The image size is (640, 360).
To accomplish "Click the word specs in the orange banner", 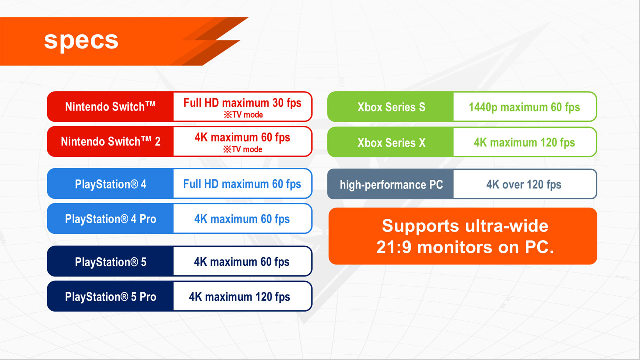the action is [81, 41].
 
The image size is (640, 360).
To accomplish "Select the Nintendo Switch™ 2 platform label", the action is [111, 141].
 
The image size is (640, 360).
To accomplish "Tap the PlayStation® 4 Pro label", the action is [111, 219].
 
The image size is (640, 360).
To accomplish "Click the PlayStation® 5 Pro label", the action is [111, 297].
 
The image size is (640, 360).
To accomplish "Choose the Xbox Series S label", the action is [391, 107].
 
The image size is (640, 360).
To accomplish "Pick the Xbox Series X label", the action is [391, 143].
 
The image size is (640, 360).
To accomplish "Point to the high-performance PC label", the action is [391, 185].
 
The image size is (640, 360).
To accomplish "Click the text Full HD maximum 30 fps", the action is [242, 103].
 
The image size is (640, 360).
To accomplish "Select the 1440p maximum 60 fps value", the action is [524, 107].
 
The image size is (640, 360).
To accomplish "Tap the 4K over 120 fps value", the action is [524, 185].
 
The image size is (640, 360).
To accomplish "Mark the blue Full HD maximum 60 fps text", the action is [242, 184].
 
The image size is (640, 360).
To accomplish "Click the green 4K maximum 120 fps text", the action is [524, 142].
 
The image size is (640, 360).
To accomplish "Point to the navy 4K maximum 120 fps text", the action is [239, 297].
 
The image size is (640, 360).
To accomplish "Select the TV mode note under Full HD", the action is [243, 115].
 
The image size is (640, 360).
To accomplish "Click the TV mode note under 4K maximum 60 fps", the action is [243, 149].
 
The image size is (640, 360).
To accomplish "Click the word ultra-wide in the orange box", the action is [507, 226].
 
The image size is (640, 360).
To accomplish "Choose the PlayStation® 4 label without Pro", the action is [111, 184].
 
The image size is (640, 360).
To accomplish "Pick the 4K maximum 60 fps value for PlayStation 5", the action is [242, 262].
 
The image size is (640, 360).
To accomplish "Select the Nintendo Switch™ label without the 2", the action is [110, 106].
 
